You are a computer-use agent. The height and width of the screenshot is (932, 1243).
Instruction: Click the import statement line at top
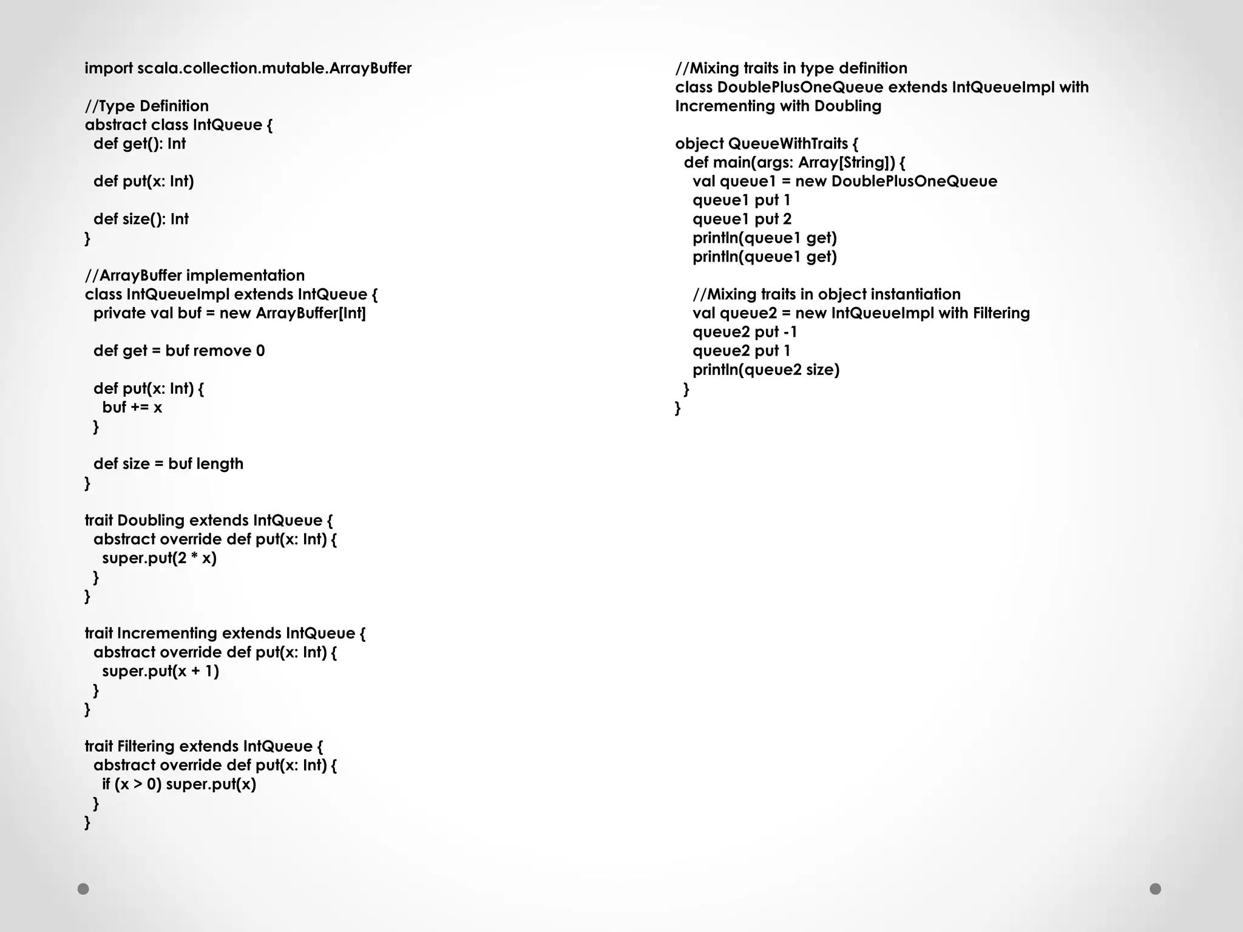point(248,69)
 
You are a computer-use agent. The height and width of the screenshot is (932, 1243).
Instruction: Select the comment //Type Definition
point(146,106)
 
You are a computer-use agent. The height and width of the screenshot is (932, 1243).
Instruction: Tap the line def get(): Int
point(139,144)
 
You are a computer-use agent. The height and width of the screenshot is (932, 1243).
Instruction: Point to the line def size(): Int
point(141,219)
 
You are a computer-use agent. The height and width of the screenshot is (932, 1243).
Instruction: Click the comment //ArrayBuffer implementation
point(194,275)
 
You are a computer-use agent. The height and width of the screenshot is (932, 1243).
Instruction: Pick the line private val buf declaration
point(229,313)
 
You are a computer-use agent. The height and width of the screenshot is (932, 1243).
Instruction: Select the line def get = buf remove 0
point(179,351)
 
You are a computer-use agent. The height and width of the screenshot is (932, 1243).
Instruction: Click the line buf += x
point(132,407)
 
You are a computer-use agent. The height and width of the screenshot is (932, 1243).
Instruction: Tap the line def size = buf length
point(168,464)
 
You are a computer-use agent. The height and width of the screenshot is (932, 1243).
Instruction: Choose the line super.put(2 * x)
point(159,558)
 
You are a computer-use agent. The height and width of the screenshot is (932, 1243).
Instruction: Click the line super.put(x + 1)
point(160,671)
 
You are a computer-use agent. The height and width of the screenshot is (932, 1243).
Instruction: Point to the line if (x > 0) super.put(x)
point(179,784)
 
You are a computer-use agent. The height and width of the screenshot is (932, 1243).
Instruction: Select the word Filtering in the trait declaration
point(146,746)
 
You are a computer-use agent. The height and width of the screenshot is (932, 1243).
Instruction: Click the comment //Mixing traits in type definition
point(791,69)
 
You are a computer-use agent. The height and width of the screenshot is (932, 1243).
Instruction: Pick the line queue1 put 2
point(742,219)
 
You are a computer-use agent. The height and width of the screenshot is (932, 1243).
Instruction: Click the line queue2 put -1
point(744,332)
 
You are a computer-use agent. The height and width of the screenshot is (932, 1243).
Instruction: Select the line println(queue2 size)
point(765,370)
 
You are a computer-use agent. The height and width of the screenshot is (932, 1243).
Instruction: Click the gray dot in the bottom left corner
point(84,889)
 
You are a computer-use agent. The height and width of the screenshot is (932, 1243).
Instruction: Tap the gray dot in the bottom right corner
point(1155,889)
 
